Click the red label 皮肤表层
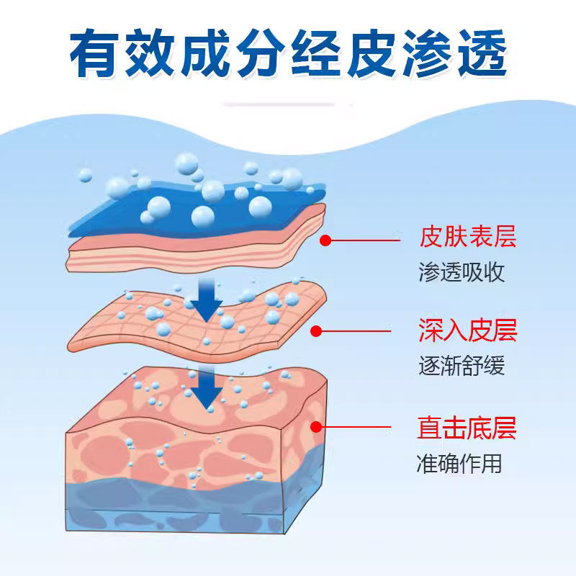[467, 237]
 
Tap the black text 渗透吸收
[462, 272]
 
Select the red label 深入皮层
[467, 330]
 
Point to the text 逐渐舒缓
[462, 365]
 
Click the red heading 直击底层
[467, 428]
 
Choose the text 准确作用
[459, 463]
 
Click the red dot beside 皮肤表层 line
[325, 240]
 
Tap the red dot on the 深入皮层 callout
[316, 331]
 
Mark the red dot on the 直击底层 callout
[316, 427]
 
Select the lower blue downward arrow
[207, 388]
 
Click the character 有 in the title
[94, 53]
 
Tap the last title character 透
[482, 53]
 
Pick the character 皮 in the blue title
[372, 53]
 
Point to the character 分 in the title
[261, 53]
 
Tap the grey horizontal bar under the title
[279, 104]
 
